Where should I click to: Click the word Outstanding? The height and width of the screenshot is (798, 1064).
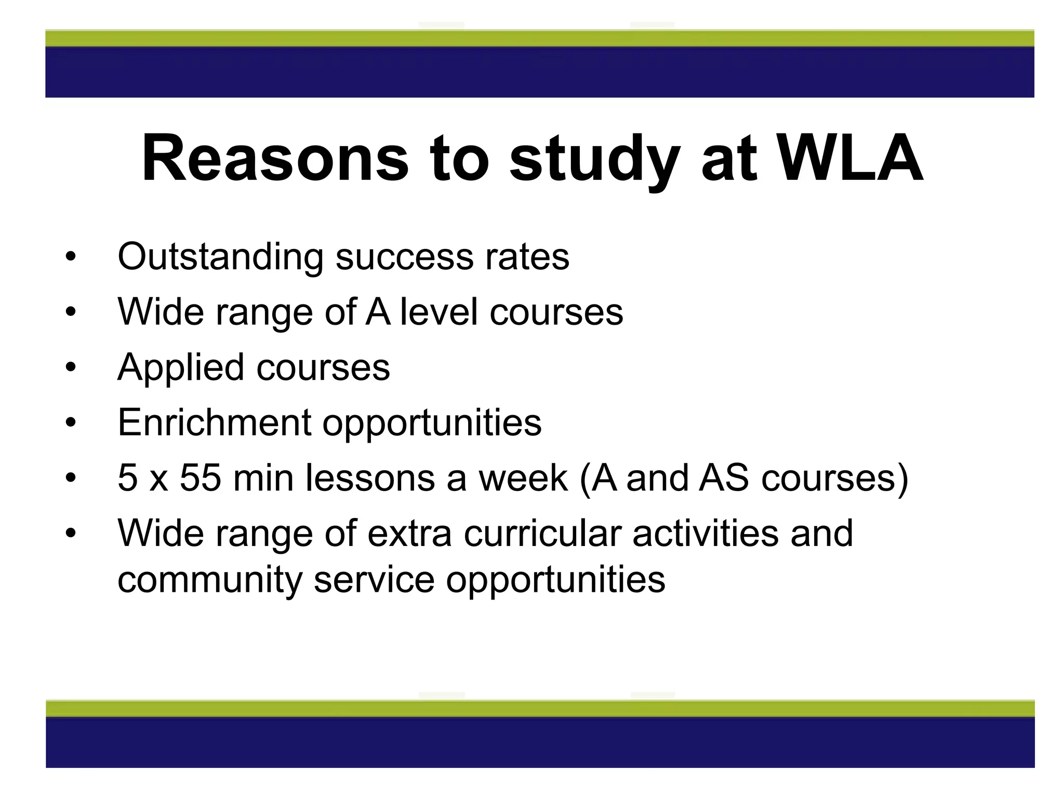[x=220, y=257]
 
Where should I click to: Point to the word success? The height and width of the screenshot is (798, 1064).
[x=405, y=257]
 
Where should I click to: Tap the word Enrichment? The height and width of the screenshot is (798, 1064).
[x=214, y=422]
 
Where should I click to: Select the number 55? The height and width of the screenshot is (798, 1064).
[x=200, y=478]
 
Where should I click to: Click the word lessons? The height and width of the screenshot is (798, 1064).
[x=370, y=478]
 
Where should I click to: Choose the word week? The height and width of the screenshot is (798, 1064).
[x=523, y=478]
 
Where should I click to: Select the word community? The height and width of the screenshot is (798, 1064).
[x=210, y=580]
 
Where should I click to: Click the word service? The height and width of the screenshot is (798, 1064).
[x=374, y=580]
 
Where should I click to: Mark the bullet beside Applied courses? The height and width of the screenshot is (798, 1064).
[x=71, y=367]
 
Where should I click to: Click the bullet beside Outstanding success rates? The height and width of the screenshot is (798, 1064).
[x=71, y=257]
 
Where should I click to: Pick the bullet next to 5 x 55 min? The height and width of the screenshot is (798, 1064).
[x=71, y=478]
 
